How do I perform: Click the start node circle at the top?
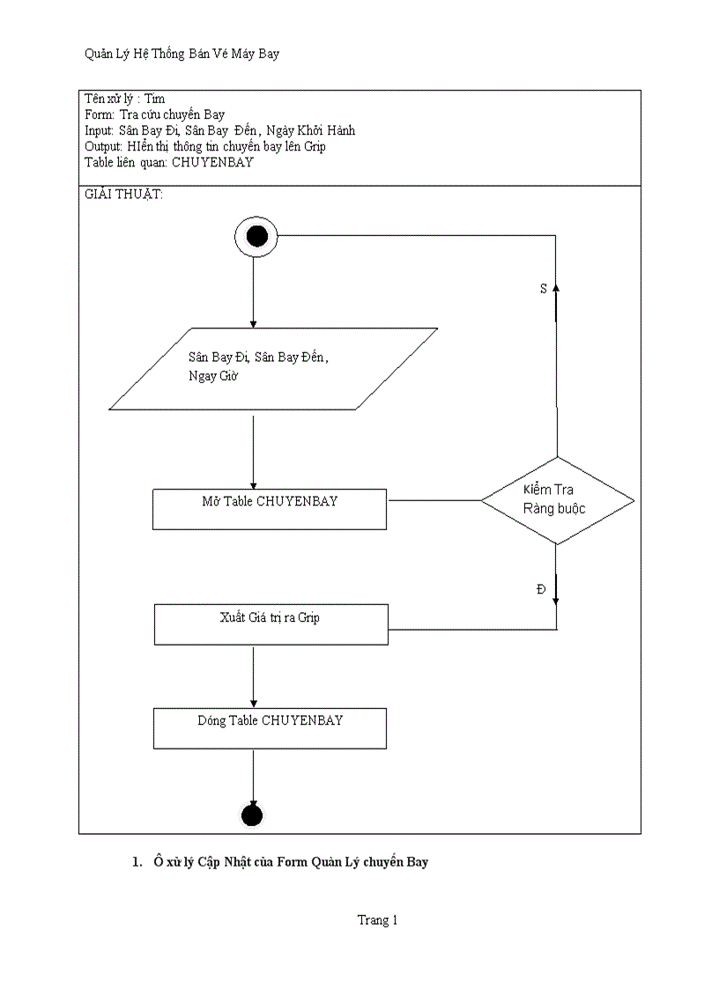256,236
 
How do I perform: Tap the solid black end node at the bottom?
252,816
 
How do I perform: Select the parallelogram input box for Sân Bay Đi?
273,368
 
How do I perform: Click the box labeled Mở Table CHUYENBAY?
269,509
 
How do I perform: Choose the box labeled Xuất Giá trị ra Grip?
271,624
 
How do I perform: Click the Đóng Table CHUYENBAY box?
270,727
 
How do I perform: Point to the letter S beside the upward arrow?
543,289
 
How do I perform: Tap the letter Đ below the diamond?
541,589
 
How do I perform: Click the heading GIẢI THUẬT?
123,195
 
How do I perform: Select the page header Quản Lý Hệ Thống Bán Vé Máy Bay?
182,55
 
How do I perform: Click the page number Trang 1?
377,920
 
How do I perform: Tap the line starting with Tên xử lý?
124,99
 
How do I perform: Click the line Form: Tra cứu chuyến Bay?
154,114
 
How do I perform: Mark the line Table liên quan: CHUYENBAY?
168,162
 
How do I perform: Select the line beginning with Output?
204,146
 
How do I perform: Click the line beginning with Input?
219,130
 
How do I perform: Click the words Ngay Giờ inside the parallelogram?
213,376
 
